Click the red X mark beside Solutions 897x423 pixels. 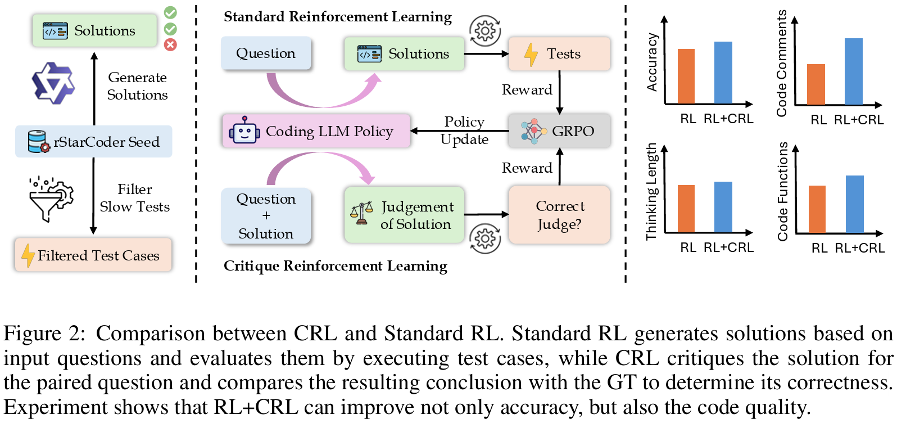click(170, 45)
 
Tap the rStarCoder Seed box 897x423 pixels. click(94, 142)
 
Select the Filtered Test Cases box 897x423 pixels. click(93, 255)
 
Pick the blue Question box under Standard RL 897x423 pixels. click(266, 53)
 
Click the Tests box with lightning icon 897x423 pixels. click(559, 54)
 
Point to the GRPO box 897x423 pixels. click(559, 131)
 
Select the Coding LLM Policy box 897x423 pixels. click(316, 132)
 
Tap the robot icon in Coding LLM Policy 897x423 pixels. click(244, 131)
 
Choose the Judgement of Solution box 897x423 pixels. click(405, 215)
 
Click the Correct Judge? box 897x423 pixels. click(559, 215)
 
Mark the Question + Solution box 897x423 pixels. click(266, 216)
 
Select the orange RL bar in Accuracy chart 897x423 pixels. click(686, 76)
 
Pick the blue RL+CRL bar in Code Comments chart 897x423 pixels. click(853, 71)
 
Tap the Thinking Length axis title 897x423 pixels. click(651, 191)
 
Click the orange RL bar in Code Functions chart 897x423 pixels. click(817, 209)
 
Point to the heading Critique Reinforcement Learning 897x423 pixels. click(336, 265)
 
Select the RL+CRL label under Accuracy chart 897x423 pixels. click(728, 119)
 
